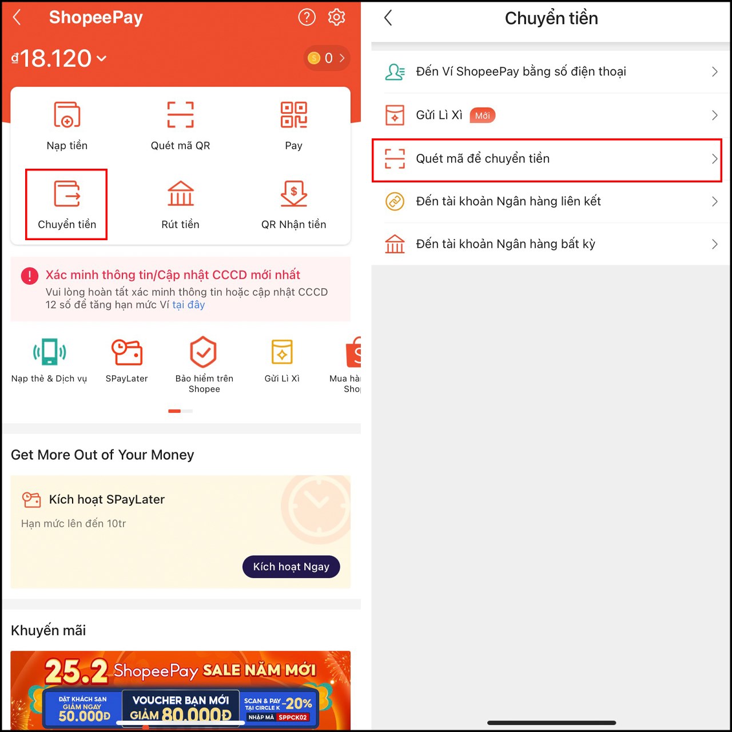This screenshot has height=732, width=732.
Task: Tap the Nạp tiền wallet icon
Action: point(67,114)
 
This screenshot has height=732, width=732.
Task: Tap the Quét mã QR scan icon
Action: point(180,114)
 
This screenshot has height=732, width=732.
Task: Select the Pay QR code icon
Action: point(293,114)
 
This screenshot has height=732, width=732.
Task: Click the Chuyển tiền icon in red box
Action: point(67,194)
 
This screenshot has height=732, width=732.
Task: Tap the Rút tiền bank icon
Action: point(180,194)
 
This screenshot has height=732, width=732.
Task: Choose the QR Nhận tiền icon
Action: point(293,194)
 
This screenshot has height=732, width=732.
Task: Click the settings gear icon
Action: point(336,17)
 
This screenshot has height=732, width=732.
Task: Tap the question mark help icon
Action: point(307,17)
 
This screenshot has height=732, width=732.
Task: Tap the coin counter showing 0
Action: point(327,58)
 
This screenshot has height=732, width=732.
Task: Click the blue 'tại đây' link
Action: point(188,305)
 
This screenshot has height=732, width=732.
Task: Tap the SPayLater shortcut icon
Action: point(126,352)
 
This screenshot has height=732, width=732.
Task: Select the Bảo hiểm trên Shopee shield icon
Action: point(204,352)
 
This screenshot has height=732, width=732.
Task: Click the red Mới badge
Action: point(482,116)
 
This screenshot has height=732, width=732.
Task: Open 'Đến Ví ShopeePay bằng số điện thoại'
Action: point(520,71)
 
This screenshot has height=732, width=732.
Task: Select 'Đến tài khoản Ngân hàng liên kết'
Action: point(508,201)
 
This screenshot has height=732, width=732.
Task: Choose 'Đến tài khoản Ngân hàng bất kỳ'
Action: point(505,244)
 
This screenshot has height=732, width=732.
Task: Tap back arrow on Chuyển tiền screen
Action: point(388,18)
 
